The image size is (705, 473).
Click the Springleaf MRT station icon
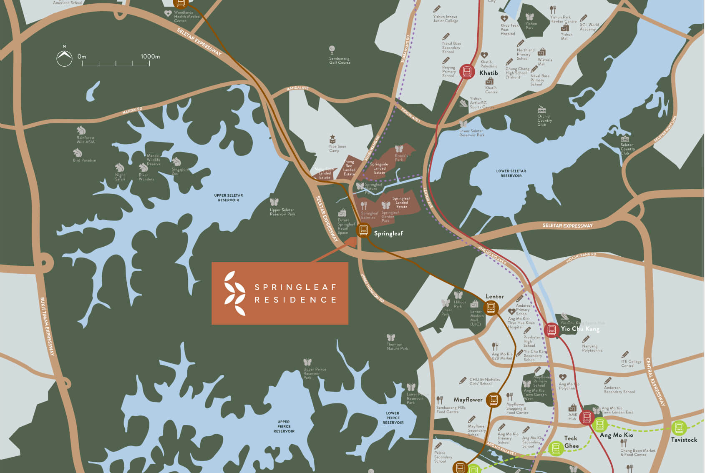point(363,230)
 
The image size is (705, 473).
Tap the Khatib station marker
point(467,72)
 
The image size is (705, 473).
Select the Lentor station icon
point(491,308)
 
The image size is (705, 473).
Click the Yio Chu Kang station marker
point(551,330)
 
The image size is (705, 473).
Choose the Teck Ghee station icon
point(556,448)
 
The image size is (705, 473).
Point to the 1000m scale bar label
point(150,57)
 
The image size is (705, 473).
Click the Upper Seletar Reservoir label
point(228,198)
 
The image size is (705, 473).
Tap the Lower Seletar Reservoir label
point(511,173)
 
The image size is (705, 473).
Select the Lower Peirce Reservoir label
point(393,418)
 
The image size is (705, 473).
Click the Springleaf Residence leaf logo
point(235,293)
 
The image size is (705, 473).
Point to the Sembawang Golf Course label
point(340,60)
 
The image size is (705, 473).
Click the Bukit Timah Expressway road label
point(47,326)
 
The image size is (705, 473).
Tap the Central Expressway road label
point(655,381)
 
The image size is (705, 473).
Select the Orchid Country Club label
point(544,120)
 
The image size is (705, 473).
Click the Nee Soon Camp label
point(337,148)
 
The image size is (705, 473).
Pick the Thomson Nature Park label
point(397,346)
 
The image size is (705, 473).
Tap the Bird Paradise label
point(84,160)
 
